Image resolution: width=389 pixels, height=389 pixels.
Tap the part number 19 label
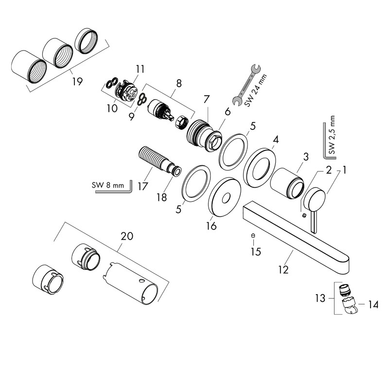pyautogui.click(x=77, y=82)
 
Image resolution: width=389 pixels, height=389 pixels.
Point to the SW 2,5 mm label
pyautogui.click(x=332, y=135)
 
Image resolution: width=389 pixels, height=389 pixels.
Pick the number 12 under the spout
pyautogui.click(x=283, y=268)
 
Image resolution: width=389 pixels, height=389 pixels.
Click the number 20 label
pyautogui.click(x=126, y=236)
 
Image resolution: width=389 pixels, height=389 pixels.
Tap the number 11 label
pyautogui.click(x=141, y=70)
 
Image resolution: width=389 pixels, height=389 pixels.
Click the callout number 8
pyautogui.click(x=179, y=83)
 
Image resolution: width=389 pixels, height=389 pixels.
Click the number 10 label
pyautogui.click(x=112, y=107)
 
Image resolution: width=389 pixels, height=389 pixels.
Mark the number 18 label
pyautogui.click(x=161, y=198)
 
